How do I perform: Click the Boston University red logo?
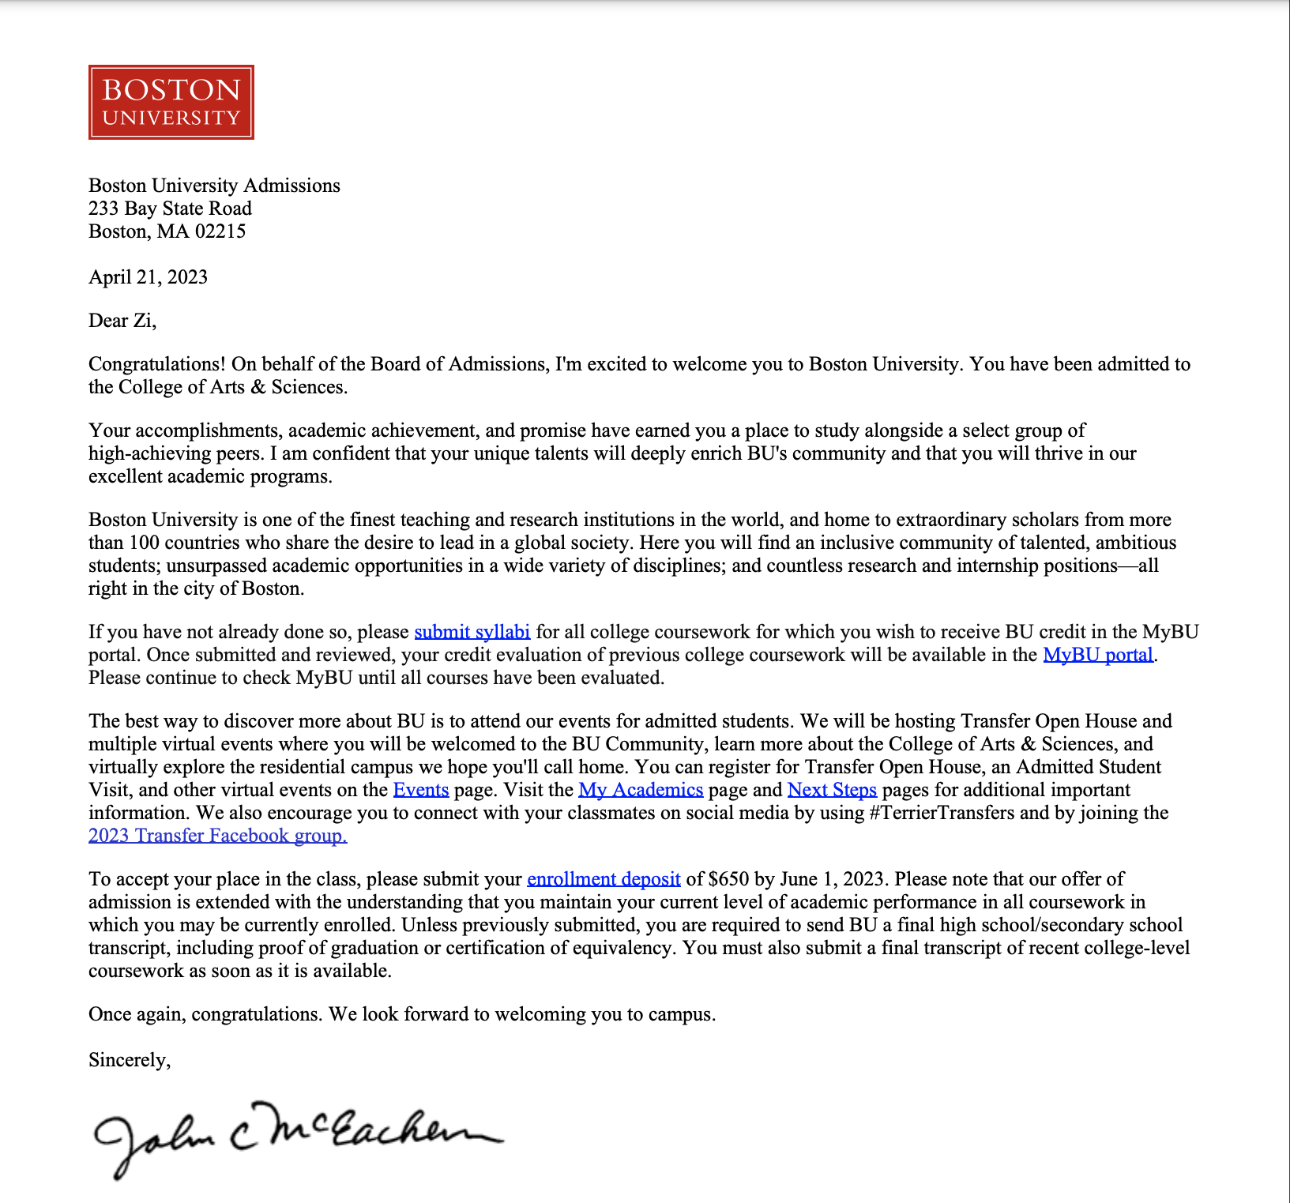(171, 102)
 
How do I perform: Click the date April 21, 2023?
(148, 277)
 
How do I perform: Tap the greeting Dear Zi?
(122, 321)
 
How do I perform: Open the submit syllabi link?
(472, 632)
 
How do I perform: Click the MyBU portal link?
(1097, 655)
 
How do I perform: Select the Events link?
(420, 790)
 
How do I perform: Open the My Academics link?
(641, 790)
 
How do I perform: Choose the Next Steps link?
(832, 790)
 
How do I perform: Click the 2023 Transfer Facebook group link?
(217, 836)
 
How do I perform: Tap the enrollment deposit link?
(604, 879)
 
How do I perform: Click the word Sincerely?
(129, 1060)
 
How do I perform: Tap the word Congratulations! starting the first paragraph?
(157, 364)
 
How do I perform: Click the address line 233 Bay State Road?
(170, 209)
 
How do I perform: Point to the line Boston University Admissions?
(214, 186)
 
